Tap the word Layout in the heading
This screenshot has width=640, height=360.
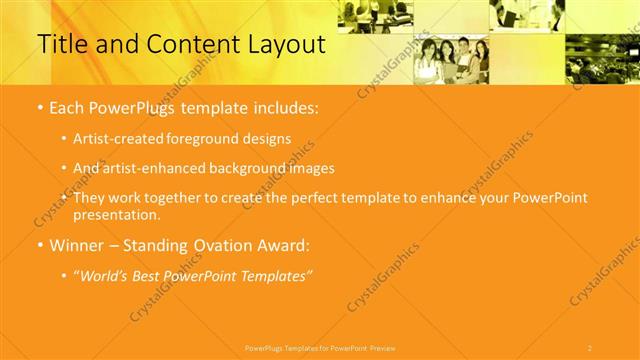tap(284, 45)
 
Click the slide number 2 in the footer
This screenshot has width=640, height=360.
tap(589, 347)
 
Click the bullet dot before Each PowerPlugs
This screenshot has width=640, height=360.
tap(39, 107)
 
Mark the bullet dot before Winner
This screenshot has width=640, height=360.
tap(39, 245)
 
